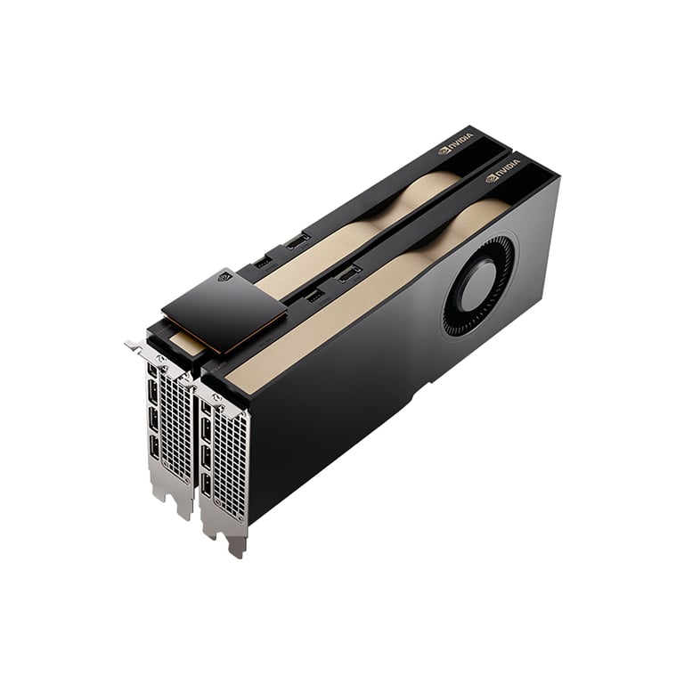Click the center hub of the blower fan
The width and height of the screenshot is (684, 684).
pyautogui.click(x=478, y=287)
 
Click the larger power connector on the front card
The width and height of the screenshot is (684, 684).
pyautogui.click(x=348, y=273)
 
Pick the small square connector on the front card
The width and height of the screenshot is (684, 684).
pyautogui.click(x=315, y=295)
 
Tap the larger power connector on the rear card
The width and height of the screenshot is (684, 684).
pyautogui.click(x=297, y=240)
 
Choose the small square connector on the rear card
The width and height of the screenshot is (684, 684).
pyautogui.click(x=263, y=262)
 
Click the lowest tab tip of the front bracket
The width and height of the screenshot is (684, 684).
pyautogui.click(x=236, y=551)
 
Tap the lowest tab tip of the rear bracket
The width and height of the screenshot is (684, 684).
pyautogui.click(x=184, y=514)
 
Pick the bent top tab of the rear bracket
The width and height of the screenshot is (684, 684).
pyautogui.click(x=136, y=345)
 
